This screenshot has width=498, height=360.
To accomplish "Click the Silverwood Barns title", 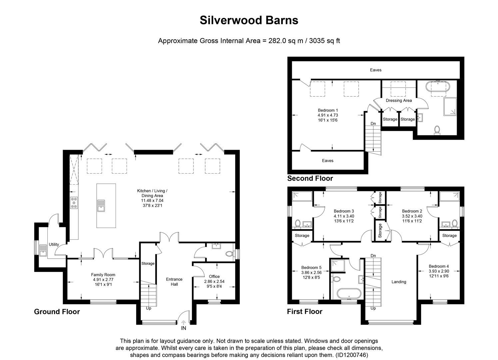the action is click(x=249, y=20).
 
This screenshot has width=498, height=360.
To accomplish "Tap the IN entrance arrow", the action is click(x=184, y=322).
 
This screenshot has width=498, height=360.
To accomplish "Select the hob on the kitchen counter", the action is click(x=74, y=203).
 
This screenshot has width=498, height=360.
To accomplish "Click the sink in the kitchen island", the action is click(x=101, y=206).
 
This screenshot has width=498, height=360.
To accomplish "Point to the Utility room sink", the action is click(x=43, y=251).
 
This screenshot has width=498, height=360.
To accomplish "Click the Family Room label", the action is click(x=103, y=275).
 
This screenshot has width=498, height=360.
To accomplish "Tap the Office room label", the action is click(x=214, y=276).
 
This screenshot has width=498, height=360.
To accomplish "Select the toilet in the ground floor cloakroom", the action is click(x=229, y=254).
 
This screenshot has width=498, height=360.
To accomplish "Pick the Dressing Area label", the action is click(x=399, y=101).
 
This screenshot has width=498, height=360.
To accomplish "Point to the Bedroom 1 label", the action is click(x=328, y=110).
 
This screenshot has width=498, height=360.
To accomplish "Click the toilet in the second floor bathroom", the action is click(x=437, y=130).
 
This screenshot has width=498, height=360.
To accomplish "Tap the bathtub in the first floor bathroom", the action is click(x=349, y=293).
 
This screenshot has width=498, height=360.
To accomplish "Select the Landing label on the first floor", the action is click(x=399, y=282).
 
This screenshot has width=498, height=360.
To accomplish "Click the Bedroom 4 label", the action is click(x=439, y=266).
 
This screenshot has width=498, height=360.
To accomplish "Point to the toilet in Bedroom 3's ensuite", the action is click(x=298, y=223).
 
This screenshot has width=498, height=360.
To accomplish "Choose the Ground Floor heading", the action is click(x=57, y=312).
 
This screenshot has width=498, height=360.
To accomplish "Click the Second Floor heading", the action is click(x=310, y=178).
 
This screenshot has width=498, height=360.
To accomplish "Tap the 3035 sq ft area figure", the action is click(x=324, y=41).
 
